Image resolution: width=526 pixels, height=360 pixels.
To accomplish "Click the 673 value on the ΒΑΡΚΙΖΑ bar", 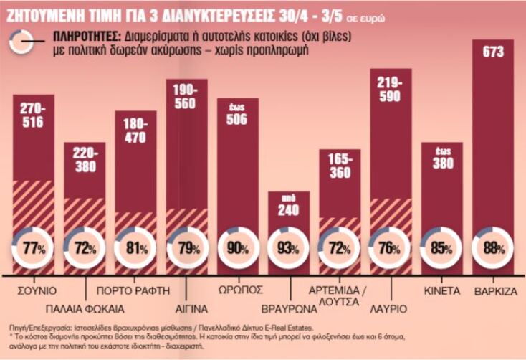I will [x=493, y=52].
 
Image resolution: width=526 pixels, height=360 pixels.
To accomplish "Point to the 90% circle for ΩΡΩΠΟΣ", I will [x=236, y=248].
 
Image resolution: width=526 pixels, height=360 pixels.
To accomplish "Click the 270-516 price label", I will [x=33, y=115].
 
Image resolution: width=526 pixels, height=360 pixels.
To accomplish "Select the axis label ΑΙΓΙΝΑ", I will [x=186, y=308].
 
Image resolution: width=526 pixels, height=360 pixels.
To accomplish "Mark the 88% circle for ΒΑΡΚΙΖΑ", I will [x=493, y=248].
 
